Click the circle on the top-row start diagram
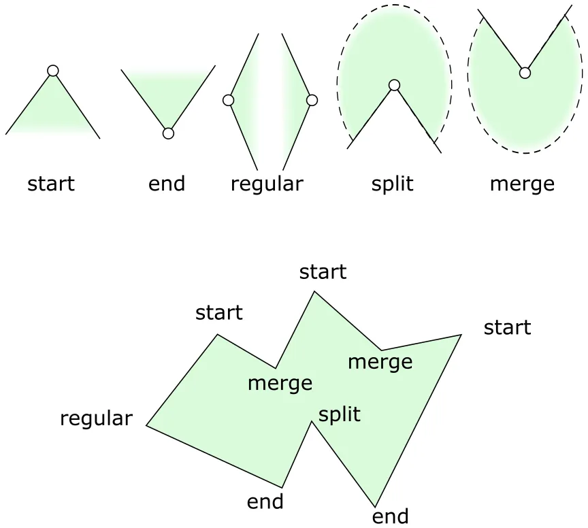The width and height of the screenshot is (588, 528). click(53, 71)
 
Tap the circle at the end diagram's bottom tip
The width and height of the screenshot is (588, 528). click(168, 133)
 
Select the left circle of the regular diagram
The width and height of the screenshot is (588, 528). click(229, 101)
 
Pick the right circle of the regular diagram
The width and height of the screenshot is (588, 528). click(312, 100)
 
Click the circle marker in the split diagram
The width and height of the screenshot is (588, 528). click(394, 85)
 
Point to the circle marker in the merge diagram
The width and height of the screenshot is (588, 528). click(524, 73)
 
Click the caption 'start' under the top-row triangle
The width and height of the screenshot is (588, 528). click(51, 184)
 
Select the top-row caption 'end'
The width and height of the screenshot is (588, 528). click(167, 184)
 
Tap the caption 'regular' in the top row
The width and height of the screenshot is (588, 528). click(267, 184)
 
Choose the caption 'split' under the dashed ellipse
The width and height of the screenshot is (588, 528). click(393, 184)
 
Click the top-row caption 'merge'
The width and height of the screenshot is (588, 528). click(522, 184)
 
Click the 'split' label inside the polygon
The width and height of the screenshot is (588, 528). click(340, 414)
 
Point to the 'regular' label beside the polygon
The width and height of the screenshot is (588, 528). click(96, 418)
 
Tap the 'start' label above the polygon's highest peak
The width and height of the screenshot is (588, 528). click(323, 272)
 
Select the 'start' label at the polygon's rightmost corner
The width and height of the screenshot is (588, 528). click(507, 328)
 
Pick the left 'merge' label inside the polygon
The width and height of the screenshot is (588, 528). click(280, 383)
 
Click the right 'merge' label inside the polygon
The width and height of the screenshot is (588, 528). click(380, 361)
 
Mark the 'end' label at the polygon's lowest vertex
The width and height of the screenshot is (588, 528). click(391, 516)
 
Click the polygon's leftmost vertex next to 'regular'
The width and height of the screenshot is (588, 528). click(146, 425)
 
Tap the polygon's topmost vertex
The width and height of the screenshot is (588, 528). click(314, 291)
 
